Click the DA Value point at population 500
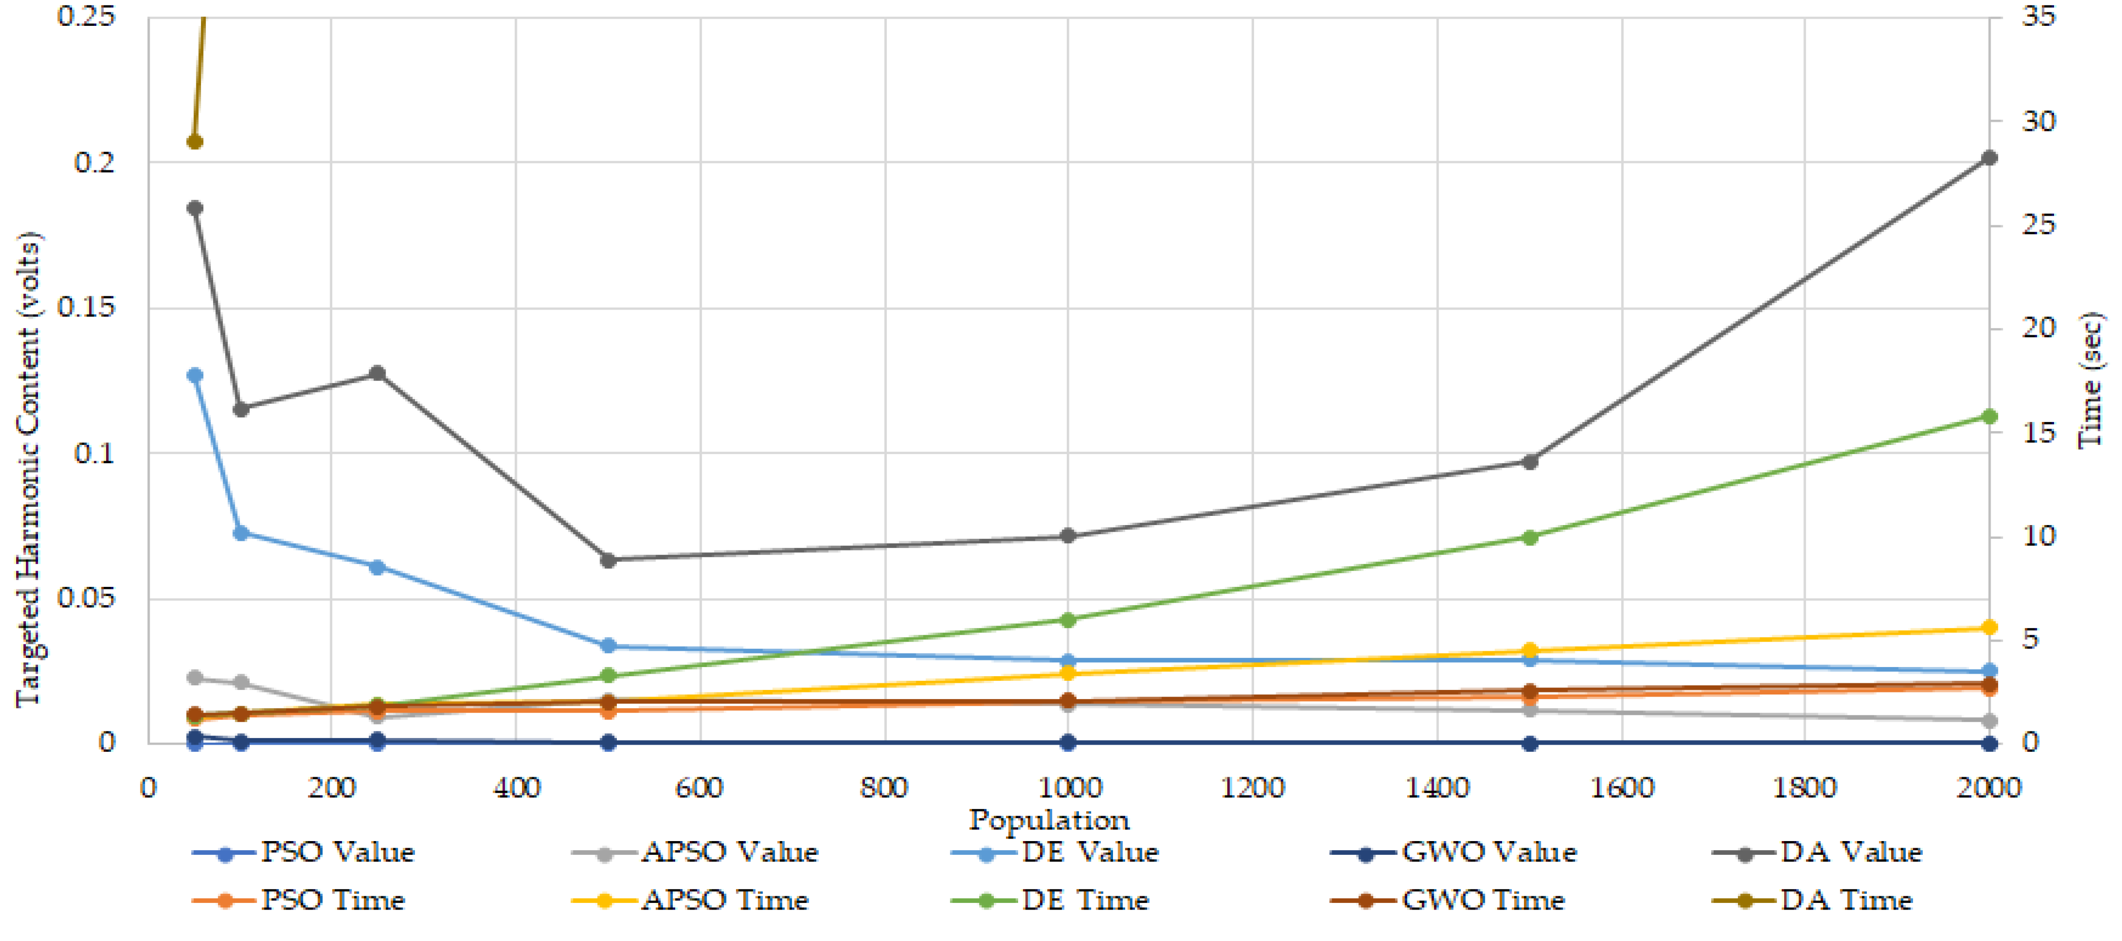(x=608, y=561)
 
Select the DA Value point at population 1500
(x=1529, y=462)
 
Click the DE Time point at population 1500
(x=1529, y=537)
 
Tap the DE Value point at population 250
(x=377, y=567)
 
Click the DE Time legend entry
(x=1050, y=900)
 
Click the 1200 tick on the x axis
(x=1252, y=788)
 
